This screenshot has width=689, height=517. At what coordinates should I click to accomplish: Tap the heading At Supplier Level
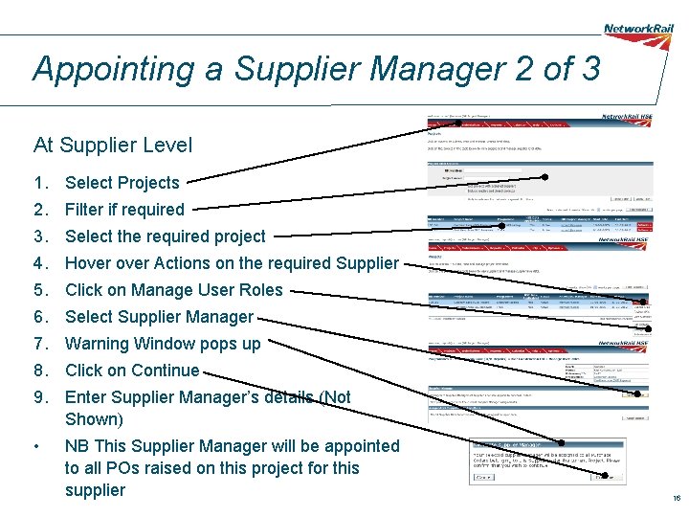coord(113,146)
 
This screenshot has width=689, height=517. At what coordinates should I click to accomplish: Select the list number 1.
coord(39,183)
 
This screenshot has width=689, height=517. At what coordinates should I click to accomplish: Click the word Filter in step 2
coord(85,210)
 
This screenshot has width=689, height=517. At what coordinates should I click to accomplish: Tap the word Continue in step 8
coord(166,371)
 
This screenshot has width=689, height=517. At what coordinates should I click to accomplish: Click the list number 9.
coord(39,397)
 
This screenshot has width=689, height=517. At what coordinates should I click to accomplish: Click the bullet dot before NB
coord(35,446)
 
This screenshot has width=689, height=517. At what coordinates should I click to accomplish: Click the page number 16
coord(676,498)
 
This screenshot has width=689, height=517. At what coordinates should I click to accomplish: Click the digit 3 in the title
coord(589,69)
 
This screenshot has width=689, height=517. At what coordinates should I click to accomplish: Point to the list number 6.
coord(39,317)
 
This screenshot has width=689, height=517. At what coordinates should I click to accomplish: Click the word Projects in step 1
coord(148,183)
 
